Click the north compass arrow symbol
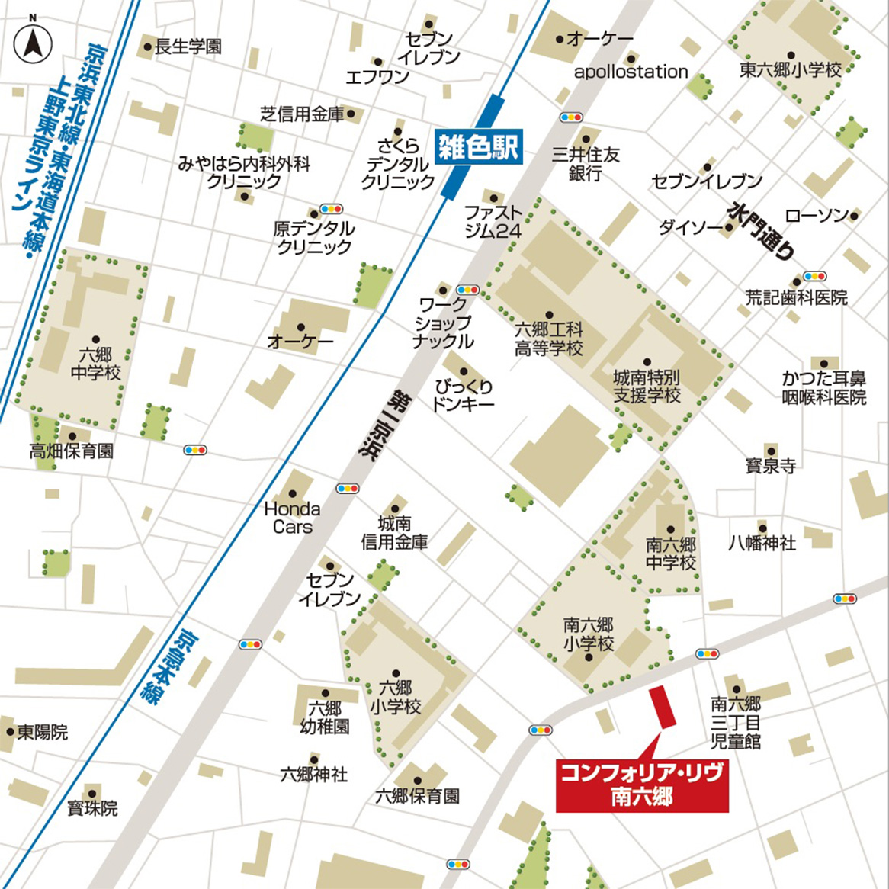coord(32,43)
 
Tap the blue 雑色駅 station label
coord(478,146)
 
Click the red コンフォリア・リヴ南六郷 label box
coord(641,785)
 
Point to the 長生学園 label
coord(188,47)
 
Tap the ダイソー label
coord(691,227)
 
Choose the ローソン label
coord(817,216)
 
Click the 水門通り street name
coord(762,231)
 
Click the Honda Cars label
coord(292,517)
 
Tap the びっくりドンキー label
coord(464,396)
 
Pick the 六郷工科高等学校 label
coord(548,339)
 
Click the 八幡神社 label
coord(762,543)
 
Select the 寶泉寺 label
coord(770,465)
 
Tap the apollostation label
coord(631,72)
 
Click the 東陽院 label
coord(43,732)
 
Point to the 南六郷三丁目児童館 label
coord(736,722)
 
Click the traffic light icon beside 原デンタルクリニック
coord(331,209)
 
